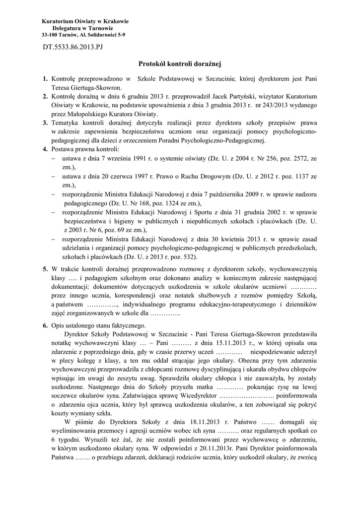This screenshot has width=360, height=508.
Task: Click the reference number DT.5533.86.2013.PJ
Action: pos(72,47)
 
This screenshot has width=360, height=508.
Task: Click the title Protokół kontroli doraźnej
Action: pos(179,64)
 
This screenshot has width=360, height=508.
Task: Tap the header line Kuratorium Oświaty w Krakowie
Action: pos(85,21)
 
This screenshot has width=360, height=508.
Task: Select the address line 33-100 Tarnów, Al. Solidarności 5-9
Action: pos(83,35)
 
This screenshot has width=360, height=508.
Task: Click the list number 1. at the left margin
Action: pos(45,78)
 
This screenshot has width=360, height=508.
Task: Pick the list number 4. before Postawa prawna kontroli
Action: pos(45,149)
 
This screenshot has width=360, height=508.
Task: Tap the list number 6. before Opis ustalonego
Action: pos(45,325)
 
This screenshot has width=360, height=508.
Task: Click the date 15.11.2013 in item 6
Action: pos(219,343)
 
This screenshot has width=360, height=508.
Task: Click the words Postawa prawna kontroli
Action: pos(85,149)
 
